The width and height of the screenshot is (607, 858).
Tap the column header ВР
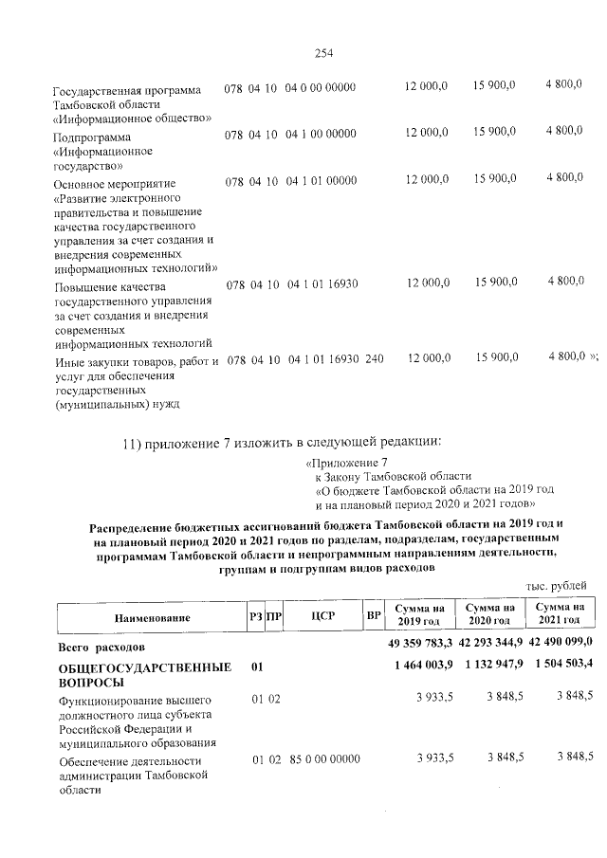tap(374, 617)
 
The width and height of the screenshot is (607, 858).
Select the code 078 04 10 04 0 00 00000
tap(289, 88)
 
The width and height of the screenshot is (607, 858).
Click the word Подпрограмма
tap(92, 137)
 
